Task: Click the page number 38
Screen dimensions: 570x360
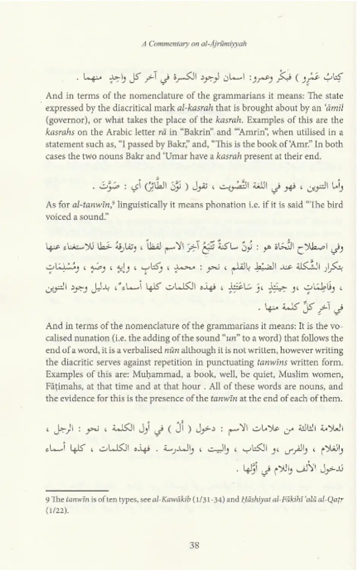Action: [194, 545]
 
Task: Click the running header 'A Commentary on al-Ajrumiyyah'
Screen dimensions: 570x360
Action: [194, 44]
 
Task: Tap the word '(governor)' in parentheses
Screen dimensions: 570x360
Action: [63, 120]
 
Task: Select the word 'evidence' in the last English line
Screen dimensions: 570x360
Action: [76, 399]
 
